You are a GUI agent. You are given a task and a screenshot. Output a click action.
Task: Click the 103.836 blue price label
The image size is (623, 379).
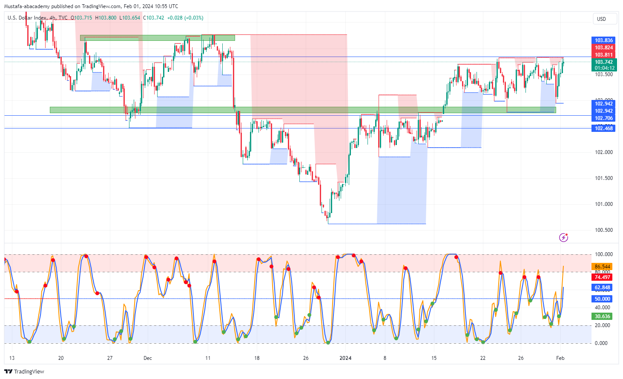(603, 41)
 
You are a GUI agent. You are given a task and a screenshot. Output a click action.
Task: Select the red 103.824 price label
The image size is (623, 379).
(603, 48)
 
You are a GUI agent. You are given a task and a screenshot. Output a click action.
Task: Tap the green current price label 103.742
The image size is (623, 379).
(603, 62)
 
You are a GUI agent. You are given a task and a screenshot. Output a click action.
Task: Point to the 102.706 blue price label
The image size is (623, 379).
(603, 118)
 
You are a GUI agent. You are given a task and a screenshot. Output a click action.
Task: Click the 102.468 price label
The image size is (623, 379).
(603, 128)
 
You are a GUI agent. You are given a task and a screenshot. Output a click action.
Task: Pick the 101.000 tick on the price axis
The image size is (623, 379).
(603, 204)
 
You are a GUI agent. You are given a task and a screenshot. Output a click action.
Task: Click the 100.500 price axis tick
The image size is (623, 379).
(603, 230)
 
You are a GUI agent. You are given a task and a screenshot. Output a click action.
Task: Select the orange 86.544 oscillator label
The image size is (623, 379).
(602, 267)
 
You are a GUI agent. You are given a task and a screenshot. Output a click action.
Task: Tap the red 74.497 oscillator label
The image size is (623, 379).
(602, 277)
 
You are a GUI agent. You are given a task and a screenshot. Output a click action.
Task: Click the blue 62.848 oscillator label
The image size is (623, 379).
(602, 288)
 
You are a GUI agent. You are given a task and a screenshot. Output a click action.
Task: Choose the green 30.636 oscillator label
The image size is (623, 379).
(602, 316)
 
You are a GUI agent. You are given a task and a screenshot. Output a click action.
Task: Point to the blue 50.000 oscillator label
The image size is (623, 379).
(602, 299)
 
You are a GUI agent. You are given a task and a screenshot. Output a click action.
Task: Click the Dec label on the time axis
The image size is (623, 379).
(148, 358)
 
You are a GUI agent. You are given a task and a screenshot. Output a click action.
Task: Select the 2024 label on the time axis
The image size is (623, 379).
(345, 358)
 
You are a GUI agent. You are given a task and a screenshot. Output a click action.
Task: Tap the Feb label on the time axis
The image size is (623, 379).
(560, 358)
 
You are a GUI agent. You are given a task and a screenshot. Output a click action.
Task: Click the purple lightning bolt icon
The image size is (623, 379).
(563, 237)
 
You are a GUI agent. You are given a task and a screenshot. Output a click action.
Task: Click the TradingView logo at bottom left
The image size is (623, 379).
(24, 371)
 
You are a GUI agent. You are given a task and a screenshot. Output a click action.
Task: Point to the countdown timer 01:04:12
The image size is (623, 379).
(604, 68)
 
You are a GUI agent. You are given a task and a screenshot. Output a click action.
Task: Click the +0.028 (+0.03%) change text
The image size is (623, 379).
(185, 18)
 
